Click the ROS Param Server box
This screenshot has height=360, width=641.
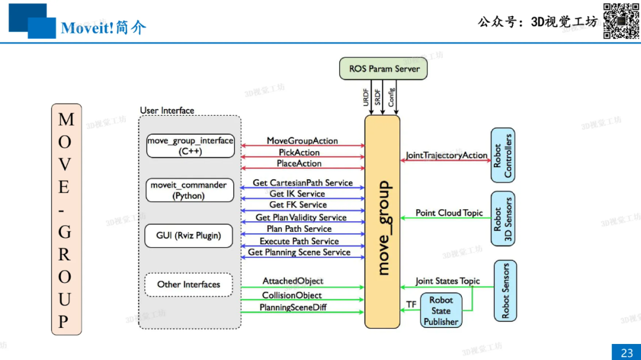pos(384,69)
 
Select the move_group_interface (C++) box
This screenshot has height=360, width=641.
pos(191,146)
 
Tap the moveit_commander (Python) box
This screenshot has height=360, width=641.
pos(189,190)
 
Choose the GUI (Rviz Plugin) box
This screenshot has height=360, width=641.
pos(189,235)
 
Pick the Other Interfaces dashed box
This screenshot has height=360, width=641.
pos(189,285)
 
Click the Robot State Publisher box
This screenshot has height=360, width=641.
pos(441,311)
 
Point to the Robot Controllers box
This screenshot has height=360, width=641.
pos(503,155)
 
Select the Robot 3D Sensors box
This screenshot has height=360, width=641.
pos(503,218)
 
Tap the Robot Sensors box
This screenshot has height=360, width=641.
pos(505,291)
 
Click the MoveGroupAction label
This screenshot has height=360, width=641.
pos(302,141)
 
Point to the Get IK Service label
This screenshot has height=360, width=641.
pos(297,194)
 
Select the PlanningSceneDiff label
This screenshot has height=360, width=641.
pos(293,307)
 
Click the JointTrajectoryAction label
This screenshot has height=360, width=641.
pos(446,155)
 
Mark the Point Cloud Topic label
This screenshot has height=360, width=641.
pos(449,213)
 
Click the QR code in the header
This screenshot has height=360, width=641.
pos(621,21)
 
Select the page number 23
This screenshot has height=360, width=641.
pos(627,353)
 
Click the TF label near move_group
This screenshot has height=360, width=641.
pos(411,304)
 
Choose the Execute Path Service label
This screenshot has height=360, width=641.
pos(299,241)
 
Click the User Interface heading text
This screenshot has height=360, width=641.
pos(167,110)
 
